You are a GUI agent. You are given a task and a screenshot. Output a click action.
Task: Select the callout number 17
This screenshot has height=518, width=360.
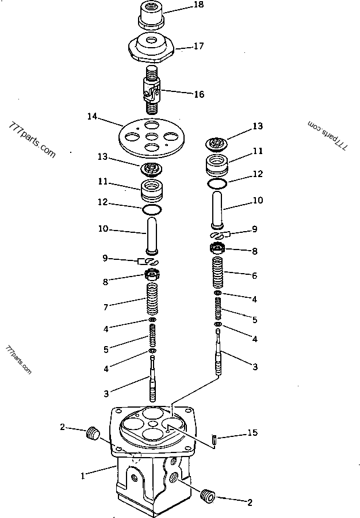pos(198,47)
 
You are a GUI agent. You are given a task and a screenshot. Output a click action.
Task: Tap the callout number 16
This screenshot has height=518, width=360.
pos(198,94)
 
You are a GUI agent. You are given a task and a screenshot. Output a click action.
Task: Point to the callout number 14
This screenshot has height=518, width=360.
pos(91,117)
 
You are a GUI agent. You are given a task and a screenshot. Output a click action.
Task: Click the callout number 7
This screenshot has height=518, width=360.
pos(105,308)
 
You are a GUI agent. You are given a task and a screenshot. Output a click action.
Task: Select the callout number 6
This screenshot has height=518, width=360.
pos(254,275)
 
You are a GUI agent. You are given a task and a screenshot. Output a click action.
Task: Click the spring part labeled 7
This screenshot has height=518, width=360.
pos(151,300)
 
